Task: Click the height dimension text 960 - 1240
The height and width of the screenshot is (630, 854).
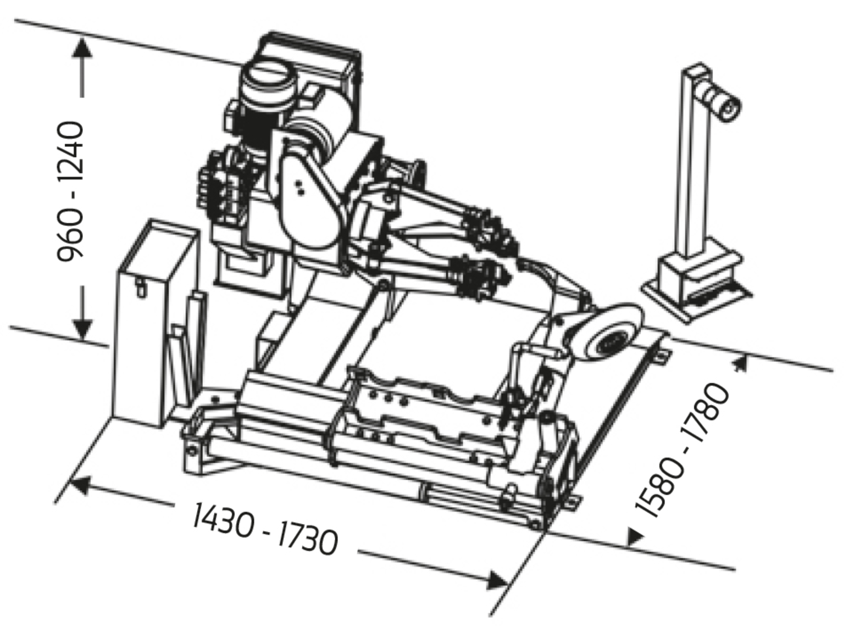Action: coord(70,191)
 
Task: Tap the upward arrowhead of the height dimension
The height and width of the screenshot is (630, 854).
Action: coord(82,47)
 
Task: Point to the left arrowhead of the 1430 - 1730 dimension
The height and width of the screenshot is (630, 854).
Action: coord(79,486)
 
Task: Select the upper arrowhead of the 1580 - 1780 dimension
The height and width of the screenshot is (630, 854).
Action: coord(742,363)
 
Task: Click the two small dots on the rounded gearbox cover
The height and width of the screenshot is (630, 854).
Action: coord(300,188)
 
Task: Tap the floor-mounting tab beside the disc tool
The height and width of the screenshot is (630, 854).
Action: coord(662,355)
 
